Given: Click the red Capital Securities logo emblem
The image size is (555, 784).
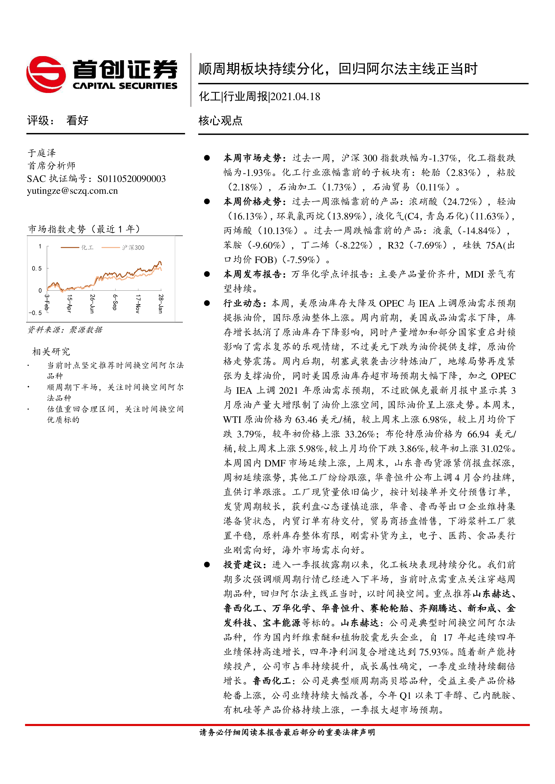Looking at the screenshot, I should (46, 74).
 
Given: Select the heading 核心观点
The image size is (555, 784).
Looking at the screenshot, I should (220, 121).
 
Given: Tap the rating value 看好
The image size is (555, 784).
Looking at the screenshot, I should (77, 120).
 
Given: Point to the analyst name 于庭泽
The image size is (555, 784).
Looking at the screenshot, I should (42, 153).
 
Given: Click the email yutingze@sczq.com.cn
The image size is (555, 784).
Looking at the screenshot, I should (72, 191).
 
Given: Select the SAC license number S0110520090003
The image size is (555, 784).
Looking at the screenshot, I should (131, 179).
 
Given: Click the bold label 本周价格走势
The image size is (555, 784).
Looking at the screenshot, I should (253, 201).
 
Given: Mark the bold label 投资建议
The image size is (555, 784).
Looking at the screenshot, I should (243, 565).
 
